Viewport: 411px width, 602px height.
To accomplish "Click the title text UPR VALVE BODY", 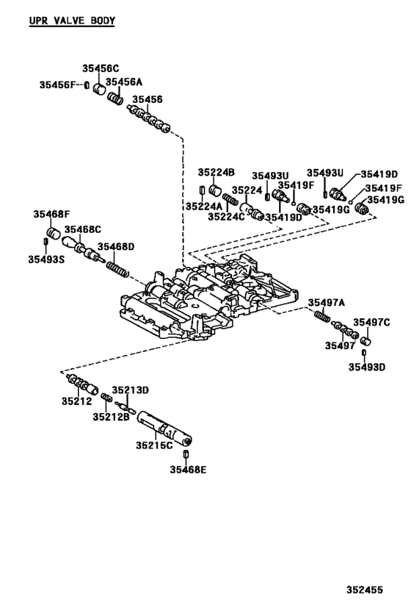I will (x=71, y=21).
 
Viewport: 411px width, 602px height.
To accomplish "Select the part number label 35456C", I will (x=100, y=68).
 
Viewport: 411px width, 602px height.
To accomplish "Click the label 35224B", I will (x=216, y=172).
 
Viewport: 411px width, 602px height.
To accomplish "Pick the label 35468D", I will (x=117, y=247).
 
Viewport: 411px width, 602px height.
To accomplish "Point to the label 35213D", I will (x=130, y=390).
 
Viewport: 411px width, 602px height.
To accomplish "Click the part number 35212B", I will (x=111, y=417).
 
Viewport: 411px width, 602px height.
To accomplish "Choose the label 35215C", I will (x=154, y=445).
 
